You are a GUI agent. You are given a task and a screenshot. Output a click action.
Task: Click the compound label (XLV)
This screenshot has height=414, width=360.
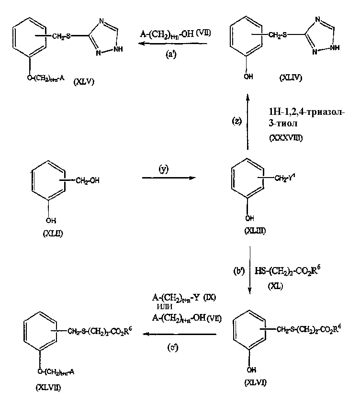(84, 81)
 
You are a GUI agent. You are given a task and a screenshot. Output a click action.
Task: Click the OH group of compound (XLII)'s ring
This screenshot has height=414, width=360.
(49, 221)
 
